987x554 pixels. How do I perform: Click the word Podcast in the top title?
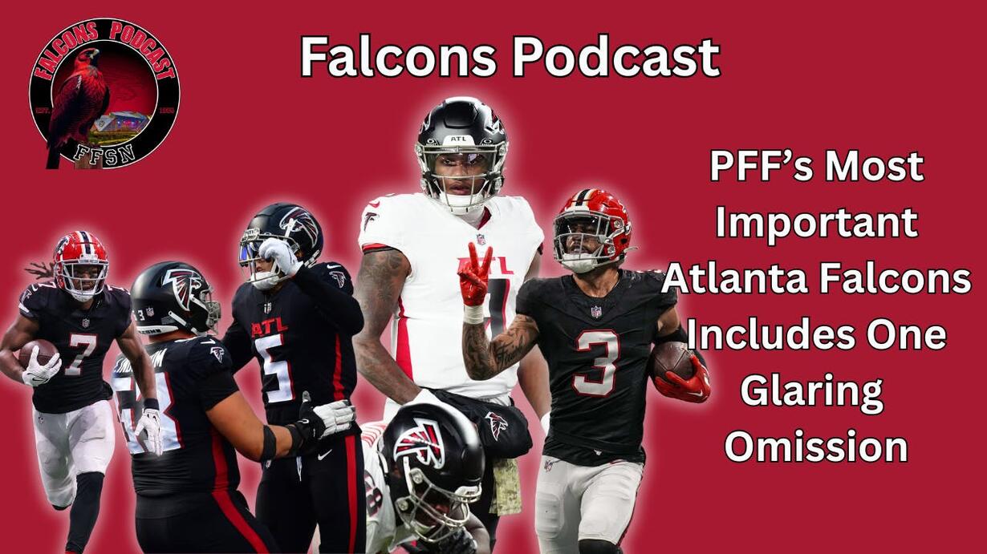pos(616,57)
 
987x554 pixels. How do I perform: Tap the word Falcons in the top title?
pos(398,58)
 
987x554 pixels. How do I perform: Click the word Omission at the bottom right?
pos(815,446)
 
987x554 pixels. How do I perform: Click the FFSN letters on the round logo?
pos(104,155)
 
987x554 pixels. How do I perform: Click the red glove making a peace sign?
pos(475,274)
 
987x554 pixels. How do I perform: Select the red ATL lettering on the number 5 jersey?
pos(269,328)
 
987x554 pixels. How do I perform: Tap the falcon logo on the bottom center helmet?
pos(420,440)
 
